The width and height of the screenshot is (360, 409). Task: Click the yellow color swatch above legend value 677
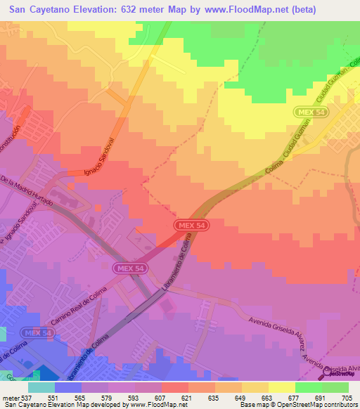pyautogui.click(x=281, y=387)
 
